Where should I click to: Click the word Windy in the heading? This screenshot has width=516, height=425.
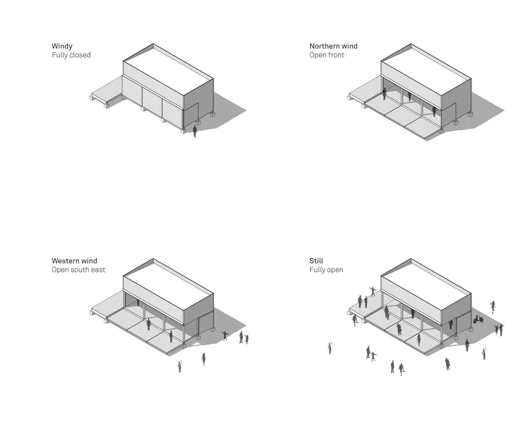(62, 46)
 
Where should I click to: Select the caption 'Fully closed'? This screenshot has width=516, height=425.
(71, 55)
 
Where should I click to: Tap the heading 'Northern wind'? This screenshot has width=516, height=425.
(333, 46)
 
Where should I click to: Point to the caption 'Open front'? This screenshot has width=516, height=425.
(326, 55)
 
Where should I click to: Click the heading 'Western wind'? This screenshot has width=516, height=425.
(74, 261)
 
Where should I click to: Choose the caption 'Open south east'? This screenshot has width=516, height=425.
(78, 270)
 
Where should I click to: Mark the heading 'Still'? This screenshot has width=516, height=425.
(316, 261)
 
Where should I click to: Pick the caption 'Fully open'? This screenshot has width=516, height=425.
(326, 270)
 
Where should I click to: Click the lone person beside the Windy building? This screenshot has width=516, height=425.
(195, 131)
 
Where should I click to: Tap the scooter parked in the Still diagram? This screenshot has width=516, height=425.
(478, 320)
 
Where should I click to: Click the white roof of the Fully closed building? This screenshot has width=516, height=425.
(168, 70)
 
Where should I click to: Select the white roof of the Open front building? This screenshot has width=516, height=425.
(426, 70)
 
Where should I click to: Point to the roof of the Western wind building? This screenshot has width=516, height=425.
(168, 285)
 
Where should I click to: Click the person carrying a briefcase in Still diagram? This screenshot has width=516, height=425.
(447, 364)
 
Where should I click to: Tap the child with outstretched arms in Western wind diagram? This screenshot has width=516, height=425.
(225, 335)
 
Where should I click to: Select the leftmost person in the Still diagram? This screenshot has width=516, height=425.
(330, 348)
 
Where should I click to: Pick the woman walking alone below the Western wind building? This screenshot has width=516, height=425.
(204, 359)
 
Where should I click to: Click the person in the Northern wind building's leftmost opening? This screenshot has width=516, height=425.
(384, 94)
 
